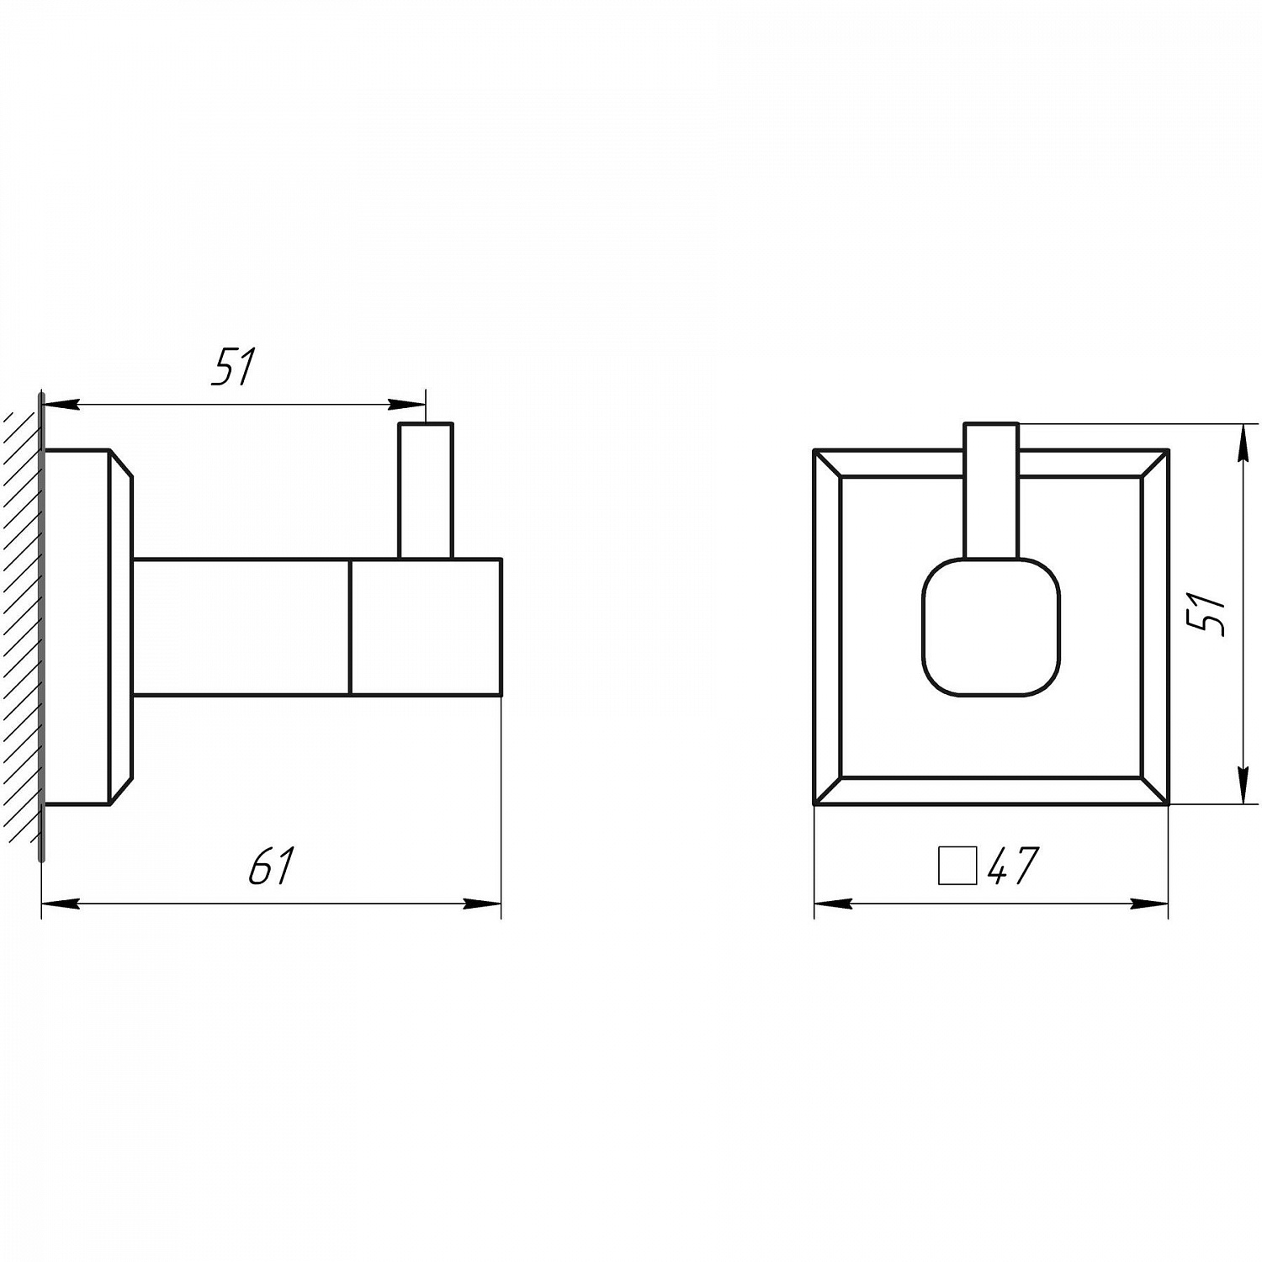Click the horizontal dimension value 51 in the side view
(233, 367)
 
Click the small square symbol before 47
(957, 866)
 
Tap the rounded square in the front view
(991, 627)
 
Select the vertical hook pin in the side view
(426, 490)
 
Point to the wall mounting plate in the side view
(87, 627)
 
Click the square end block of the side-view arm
(426, 627)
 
